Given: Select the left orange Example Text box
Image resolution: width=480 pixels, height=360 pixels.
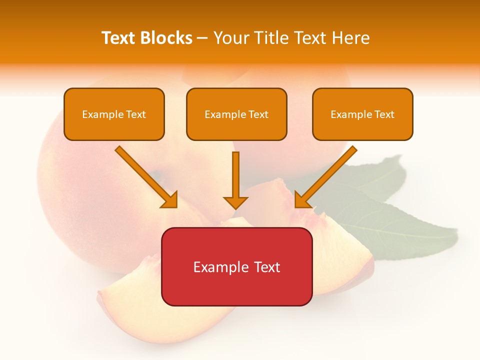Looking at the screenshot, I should pos(114,114).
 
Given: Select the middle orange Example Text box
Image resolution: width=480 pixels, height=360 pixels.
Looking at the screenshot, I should pos(236,114).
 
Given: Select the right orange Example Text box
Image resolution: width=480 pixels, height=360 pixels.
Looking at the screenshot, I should pos(362,114).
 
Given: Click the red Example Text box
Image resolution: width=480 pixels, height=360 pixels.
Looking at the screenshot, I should pos(236,266).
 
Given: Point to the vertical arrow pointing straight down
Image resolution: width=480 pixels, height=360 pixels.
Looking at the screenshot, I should pos(235,175).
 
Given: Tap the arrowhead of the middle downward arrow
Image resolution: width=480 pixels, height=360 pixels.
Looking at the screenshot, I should pos(235,202).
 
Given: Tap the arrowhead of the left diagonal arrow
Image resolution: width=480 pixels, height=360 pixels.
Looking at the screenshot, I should pos(170,200).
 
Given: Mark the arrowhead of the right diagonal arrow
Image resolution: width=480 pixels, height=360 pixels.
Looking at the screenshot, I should pos(301,200).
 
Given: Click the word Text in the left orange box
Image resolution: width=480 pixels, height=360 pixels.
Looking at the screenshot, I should pos(136,114).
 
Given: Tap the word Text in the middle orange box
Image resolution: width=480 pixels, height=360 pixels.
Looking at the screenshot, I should pos(258,114).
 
